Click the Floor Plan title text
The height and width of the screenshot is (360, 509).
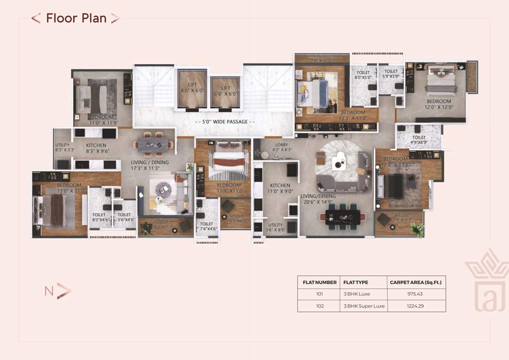pyautogui.click(x=76, y=18)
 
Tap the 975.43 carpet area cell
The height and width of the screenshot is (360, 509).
pyautogui.click(x=416, y=294)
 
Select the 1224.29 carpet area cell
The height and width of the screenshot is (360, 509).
pyautogui.click(x=416, y=306)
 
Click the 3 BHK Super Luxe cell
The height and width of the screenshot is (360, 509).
pyautogui.click(x=364, y=306)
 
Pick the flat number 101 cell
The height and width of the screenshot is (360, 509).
pyautogui.click(x=319, y=294)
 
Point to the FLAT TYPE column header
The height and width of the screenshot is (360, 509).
pyautogui.click(x=356, y=283)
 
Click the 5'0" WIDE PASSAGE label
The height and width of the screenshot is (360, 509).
pyautogui.click(x=225, y=122)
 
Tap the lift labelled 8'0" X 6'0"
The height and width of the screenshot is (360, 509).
pyautogui.click(x=192, y=88)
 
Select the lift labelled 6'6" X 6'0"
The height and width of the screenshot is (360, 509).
pyautogui.click(x=226, y=91)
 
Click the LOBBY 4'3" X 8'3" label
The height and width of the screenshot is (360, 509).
pyautogui.click(x=282, y=148)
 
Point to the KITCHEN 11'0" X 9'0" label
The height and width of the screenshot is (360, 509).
pyautogui.click(x=280, y=188)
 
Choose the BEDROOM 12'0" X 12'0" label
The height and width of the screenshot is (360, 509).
pyautogui.click(x=439, y=104)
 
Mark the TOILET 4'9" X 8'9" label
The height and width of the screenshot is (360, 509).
pyautogui.click(x=419, y=140)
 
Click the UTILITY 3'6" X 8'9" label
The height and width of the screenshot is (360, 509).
pyautogui.click(x=275, y=228)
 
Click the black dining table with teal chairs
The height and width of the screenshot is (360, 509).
pyautogui.click(x=342, y=217)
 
